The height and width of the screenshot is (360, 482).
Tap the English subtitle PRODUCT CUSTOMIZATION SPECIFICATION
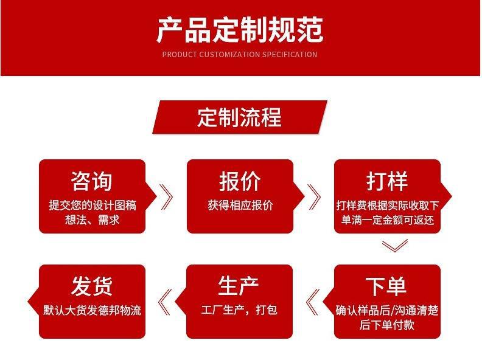tap(240, 55)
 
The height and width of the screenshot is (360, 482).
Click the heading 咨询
tap(92, 181)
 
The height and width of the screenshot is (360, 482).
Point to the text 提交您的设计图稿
tap(93, 205)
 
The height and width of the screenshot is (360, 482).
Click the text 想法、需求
tap(92, 220)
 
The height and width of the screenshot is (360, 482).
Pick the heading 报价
tap(240, 181)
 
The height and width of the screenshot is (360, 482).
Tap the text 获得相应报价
tap(240, 205)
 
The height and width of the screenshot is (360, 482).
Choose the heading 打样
tap(387, 181)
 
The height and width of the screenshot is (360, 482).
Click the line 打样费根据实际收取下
tap(387, 205)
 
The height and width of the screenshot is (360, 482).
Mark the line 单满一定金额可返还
tap(387, 220)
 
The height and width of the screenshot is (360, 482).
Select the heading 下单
tap(387, 286)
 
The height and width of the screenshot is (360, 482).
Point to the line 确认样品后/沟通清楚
tap(387, 310)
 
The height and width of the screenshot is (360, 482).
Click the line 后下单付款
tap(387, 325)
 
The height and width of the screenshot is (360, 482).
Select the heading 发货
tap(92, 286)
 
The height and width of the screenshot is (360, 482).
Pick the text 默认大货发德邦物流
tap(92, 310)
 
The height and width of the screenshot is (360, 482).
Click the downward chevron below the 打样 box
tap(394, 246)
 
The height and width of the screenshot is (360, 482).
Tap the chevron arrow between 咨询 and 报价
tap(166, 196)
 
